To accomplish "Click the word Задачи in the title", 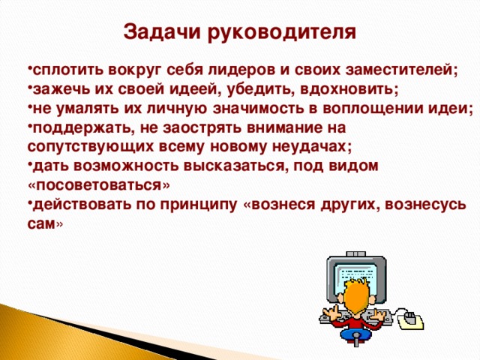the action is [x=163, y=32].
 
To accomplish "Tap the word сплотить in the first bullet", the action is [x=68, y=70].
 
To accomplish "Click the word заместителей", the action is [x=401, y=70].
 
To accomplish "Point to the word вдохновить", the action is [x=349, y=89].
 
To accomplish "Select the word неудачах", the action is [x=312, y=147].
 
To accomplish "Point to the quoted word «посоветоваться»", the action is [x=98, y=185].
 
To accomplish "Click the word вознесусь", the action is [x=425, y=205].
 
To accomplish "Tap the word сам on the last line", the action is [x=41, y=224].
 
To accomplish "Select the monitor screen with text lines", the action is [x=356, y=280].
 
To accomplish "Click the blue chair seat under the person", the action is [x=355, y=334].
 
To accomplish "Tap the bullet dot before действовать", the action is [x=30, y=202].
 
